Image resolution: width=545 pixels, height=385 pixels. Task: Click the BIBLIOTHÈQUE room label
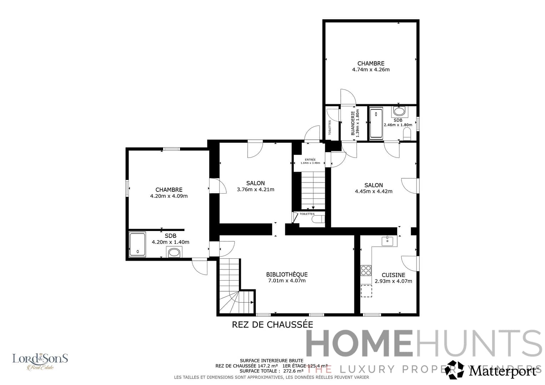coord(287,274)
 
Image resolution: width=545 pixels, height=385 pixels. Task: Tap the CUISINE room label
coord(393,275)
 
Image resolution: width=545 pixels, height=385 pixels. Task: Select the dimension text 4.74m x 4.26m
coord(371,70)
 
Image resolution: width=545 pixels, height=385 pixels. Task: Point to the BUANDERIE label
coord(353,123)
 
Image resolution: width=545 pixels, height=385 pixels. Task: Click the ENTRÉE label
coord(310,159)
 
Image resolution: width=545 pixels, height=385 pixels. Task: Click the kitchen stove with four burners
coord(366,271)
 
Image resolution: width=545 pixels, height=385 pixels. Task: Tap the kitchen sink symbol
coord(387,241)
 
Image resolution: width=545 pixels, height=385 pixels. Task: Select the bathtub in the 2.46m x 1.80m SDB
coord(376,123)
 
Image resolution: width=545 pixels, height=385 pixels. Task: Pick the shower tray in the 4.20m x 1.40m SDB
coord(137,245)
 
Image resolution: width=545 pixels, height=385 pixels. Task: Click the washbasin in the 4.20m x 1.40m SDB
coord(174,252)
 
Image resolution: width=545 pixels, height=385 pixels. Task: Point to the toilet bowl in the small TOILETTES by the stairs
coord(318,219)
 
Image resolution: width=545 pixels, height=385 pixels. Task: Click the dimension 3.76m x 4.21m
coord(256,190)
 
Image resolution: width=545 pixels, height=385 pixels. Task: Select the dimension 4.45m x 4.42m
coord(374,191)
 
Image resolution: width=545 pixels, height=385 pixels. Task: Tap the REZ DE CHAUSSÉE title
coord(272,325)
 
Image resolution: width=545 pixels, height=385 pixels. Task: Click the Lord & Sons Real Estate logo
coord(40,361)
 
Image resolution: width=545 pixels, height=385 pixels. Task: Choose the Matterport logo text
coord(502,371)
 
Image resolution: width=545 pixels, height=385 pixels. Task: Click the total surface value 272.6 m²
coord(293,371)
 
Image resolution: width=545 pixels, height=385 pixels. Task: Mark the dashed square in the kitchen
coord(366,291)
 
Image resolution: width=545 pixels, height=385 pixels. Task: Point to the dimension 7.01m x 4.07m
coord(287,281)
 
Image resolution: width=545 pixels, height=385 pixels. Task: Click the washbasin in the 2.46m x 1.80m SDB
coord(398,111)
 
